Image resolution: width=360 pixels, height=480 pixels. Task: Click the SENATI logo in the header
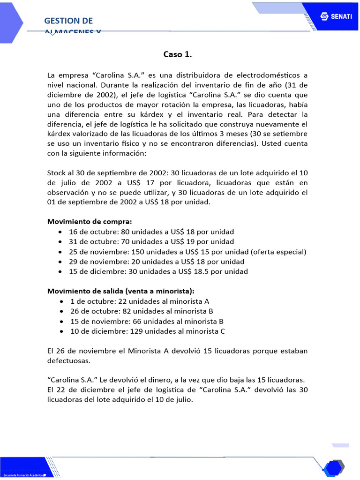click(333, 16)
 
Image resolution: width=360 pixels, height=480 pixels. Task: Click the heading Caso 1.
click(178, 54)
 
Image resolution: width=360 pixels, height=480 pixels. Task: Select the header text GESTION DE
click(68, 21)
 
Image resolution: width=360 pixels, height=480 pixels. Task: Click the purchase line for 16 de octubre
click(151, 232)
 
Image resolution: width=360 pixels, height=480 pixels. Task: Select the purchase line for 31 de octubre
click(151, 242)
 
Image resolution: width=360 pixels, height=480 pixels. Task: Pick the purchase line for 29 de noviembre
click(157, 262)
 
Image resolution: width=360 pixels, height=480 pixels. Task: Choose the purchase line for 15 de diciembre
click(158, 271)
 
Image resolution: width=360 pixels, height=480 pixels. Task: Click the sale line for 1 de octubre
click(140, 301)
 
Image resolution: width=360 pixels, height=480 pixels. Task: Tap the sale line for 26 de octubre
click(142, 311)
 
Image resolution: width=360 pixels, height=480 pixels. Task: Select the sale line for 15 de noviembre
click(147, 322)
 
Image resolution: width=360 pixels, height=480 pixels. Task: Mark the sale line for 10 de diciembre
click(148, 331)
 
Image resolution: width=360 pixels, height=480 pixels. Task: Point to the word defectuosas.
click(68, 361)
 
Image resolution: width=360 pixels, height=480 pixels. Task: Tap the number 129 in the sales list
click(136, 331)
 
